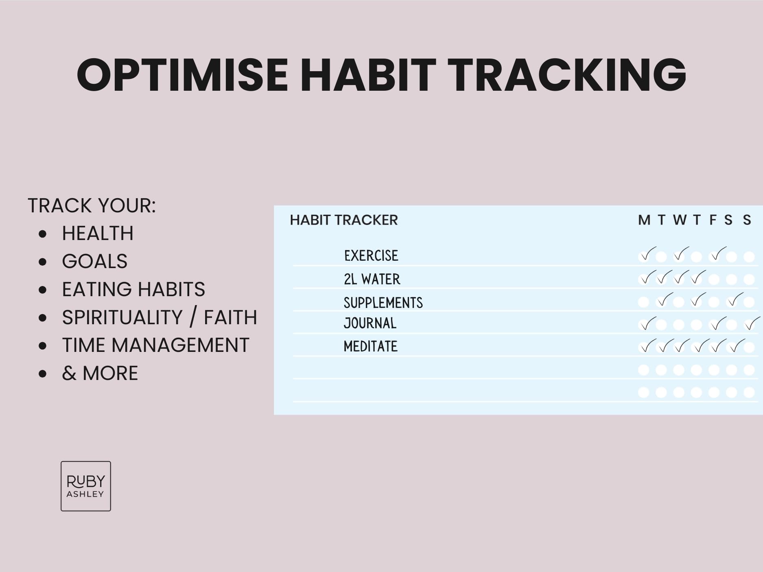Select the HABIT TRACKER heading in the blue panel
pyautogui.click(x=344, y=220)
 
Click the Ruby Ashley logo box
pyautogui.click(x=86, y=486)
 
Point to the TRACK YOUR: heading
pyautogui.click(x=92, y=205)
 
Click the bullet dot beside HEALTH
pyautogui.click(x=43, y=234)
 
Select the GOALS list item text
pyautogui.click(x=94, y=261)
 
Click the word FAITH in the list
pyautogui.click(x=230, y=317)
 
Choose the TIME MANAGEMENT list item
pyautogui.click(x=155, y=345)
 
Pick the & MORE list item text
pyautogui.click(x=100, y=373)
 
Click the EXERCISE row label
pyautogui.click(x=371, y=255)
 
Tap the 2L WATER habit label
pyautogui.click(x=372, y=279)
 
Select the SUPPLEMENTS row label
pyautogui.click(x=383, y=303)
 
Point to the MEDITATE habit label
pyautogui.click(x=371, y=346)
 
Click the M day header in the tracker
pyautogui.click(x=644, y=220)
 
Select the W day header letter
pyautogui.click(x=680, y=220)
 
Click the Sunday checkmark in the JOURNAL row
pyautogui.click(x=752, y=323)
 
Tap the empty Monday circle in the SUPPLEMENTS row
pyautogui.click(x=643, y=302)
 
